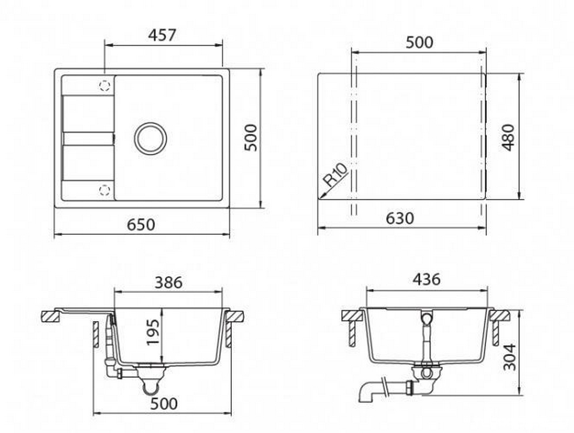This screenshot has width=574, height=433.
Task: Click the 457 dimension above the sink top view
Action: [x=162, y=35]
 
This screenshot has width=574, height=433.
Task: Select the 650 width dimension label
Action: [x=141, y=225]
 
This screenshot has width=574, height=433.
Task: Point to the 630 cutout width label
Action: [x=400, y=219]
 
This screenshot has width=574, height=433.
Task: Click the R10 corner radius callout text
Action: [x=336, y=175]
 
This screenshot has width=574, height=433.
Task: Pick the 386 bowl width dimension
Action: [x=168, y=283]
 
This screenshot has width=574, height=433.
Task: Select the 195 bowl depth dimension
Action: [x=152, y=332]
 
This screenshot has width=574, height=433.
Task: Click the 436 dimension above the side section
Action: [x=426, y=279]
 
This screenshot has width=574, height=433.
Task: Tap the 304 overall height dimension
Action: [x=509, y=357]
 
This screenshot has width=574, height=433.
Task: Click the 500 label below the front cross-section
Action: [x=164, y=404]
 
